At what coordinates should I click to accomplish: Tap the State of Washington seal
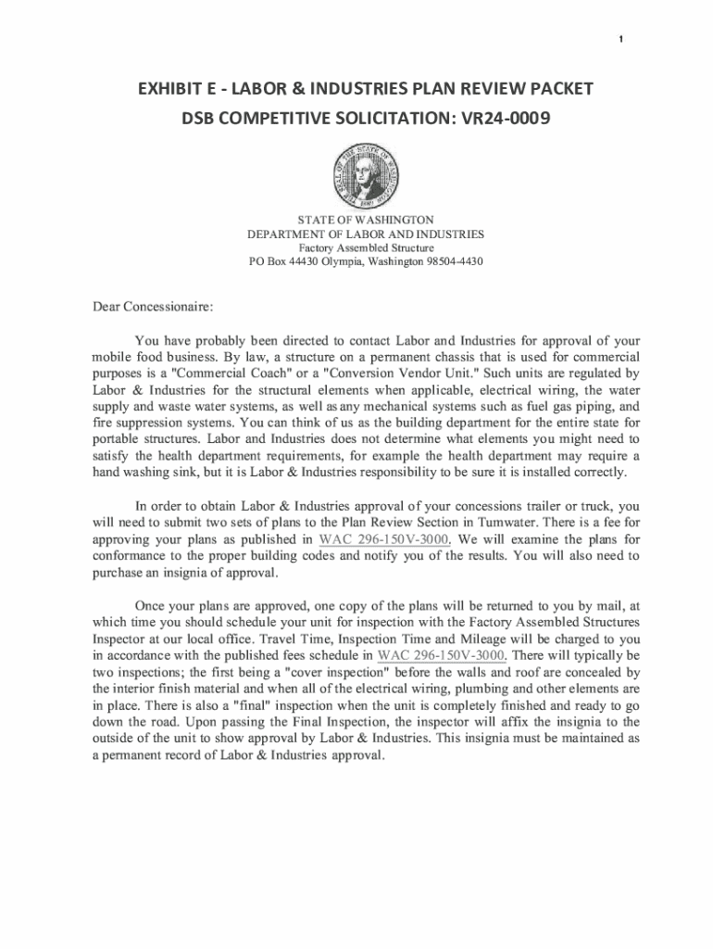point(365,176)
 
